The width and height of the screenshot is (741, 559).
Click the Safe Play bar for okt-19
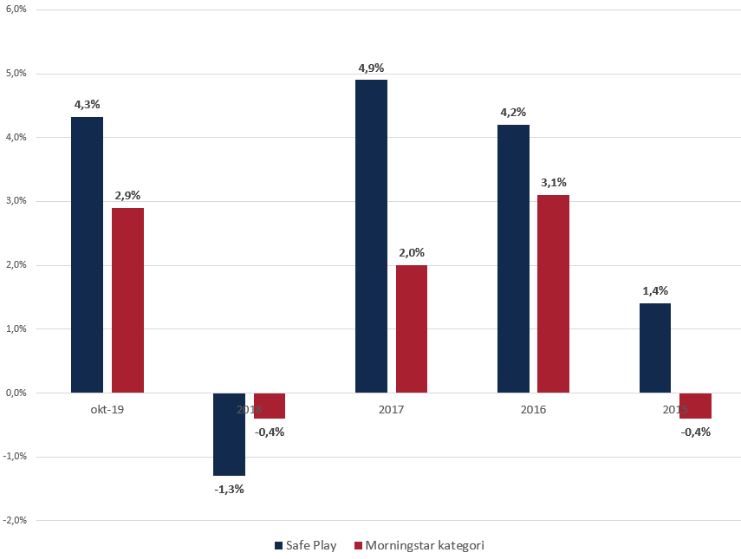pos(87,255)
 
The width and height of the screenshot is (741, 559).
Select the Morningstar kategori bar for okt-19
pos(127,300)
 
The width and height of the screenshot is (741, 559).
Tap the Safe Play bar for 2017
pos(371,236)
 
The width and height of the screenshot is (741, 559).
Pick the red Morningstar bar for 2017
pos(412,328)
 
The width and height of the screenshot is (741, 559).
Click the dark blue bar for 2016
pos(513,258)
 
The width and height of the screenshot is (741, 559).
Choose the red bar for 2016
pos(553,294)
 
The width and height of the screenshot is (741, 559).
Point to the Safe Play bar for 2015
pos(655,348)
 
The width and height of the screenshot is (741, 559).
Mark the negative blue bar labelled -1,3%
pos(229,434)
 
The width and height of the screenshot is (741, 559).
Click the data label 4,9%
pos(371,68)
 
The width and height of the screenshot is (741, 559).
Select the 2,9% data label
pos(127,196)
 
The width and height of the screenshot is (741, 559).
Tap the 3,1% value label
pos(553,183)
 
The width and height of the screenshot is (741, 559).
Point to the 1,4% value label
pos(655,291)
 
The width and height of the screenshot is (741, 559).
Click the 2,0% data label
pos(412,253)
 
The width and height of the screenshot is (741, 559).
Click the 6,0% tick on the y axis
pos(15,10)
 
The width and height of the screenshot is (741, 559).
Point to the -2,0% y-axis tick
pos(14,521)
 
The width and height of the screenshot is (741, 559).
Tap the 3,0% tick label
pos(15,201)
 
